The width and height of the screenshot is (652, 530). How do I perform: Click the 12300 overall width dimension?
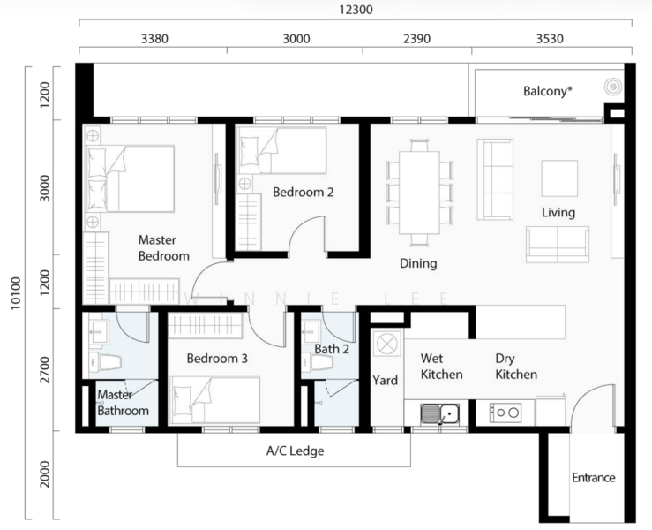356,9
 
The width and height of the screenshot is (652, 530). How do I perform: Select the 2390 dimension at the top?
416,39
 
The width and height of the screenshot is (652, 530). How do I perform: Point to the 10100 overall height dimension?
15,293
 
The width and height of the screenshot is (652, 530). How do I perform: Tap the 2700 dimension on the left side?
45,370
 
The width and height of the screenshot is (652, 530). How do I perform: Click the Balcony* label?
548,91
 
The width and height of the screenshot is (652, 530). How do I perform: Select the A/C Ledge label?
296,450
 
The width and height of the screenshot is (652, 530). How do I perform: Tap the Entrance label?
594,477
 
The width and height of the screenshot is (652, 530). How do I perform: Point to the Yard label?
385,380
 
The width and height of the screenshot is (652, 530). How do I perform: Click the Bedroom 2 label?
304,192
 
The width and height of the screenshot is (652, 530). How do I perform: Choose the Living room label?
558,213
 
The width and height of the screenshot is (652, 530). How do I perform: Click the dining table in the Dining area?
419,193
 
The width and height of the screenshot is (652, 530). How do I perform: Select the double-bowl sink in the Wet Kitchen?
440,413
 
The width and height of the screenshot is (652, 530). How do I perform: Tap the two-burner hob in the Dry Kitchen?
506,413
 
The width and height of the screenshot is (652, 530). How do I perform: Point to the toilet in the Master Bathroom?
105,362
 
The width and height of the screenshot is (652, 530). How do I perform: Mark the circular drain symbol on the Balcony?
612,87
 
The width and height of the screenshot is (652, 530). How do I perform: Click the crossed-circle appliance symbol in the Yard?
387,344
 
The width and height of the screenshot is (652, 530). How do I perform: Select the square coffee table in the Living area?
559,178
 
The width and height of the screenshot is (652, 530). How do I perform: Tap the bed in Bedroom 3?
214,400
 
